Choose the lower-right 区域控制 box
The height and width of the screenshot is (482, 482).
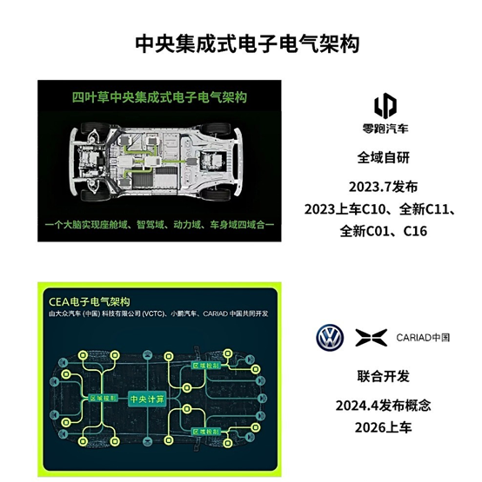tap(203, 432)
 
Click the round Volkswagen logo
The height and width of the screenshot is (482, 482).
tap(330, 337)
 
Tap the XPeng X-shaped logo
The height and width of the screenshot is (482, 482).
tap(368, 337)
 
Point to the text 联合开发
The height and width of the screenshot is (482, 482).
tap(384, 377)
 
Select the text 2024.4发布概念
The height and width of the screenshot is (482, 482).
tap(384, 406)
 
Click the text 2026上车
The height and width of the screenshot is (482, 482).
tap(384, 427)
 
